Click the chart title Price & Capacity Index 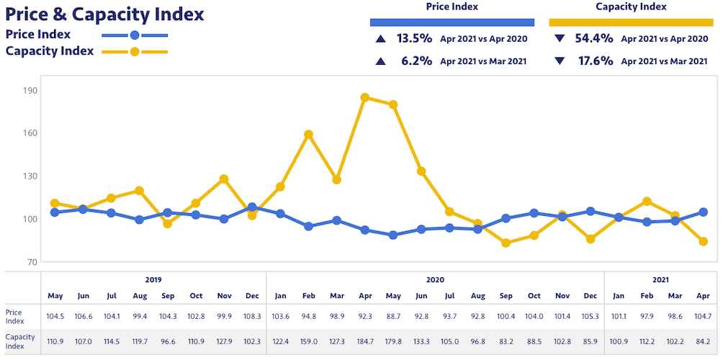(x=105, y=14)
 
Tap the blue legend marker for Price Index (x=134, y=35)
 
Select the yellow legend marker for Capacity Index (x=134, y=52)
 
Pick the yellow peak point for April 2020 (x=365, y=98)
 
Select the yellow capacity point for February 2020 (x=308, y=134)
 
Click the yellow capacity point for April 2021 (x=703, y=242)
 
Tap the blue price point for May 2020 (x=393, y=235)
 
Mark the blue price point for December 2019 (x=252, y=207)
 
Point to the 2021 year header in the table (x=660, y=279)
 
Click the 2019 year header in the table (x=153, y=279)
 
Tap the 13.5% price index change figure (x=416, y=39)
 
